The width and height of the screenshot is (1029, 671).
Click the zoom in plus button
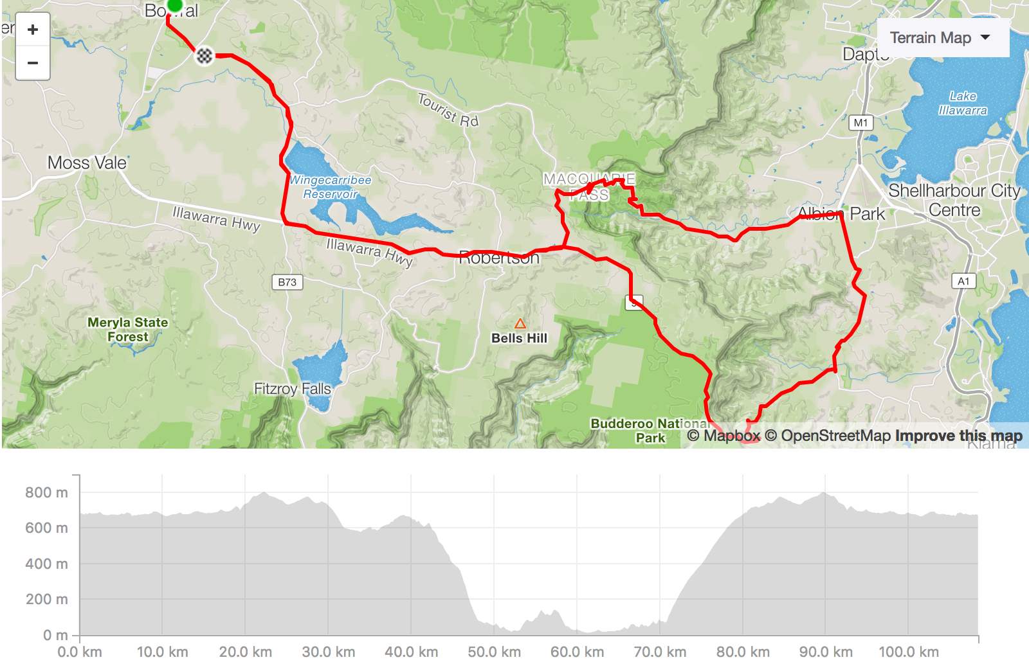33,30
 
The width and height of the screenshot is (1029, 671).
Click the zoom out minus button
33,63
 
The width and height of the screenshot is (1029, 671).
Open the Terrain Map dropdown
942,38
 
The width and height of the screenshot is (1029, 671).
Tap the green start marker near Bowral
174,6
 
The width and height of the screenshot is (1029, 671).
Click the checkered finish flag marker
204,56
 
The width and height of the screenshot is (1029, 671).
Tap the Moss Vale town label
87,163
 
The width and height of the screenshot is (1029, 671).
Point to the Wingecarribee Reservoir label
331,187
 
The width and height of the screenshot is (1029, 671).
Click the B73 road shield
287,282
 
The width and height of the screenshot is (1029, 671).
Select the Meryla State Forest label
128,329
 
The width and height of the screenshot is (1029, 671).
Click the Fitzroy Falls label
292,389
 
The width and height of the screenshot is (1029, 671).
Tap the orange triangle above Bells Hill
520,323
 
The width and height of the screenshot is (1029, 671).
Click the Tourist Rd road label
448,110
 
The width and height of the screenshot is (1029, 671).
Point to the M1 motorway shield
861,123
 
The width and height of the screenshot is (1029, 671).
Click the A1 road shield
963,281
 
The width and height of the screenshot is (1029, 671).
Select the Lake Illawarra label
963,103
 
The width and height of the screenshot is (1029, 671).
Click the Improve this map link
958,436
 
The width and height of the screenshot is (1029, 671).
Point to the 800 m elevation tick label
46,492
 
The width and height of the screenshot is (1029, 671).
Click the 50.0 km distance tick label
494,652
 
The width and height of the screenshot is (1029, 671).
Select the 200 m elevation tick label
46,599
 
